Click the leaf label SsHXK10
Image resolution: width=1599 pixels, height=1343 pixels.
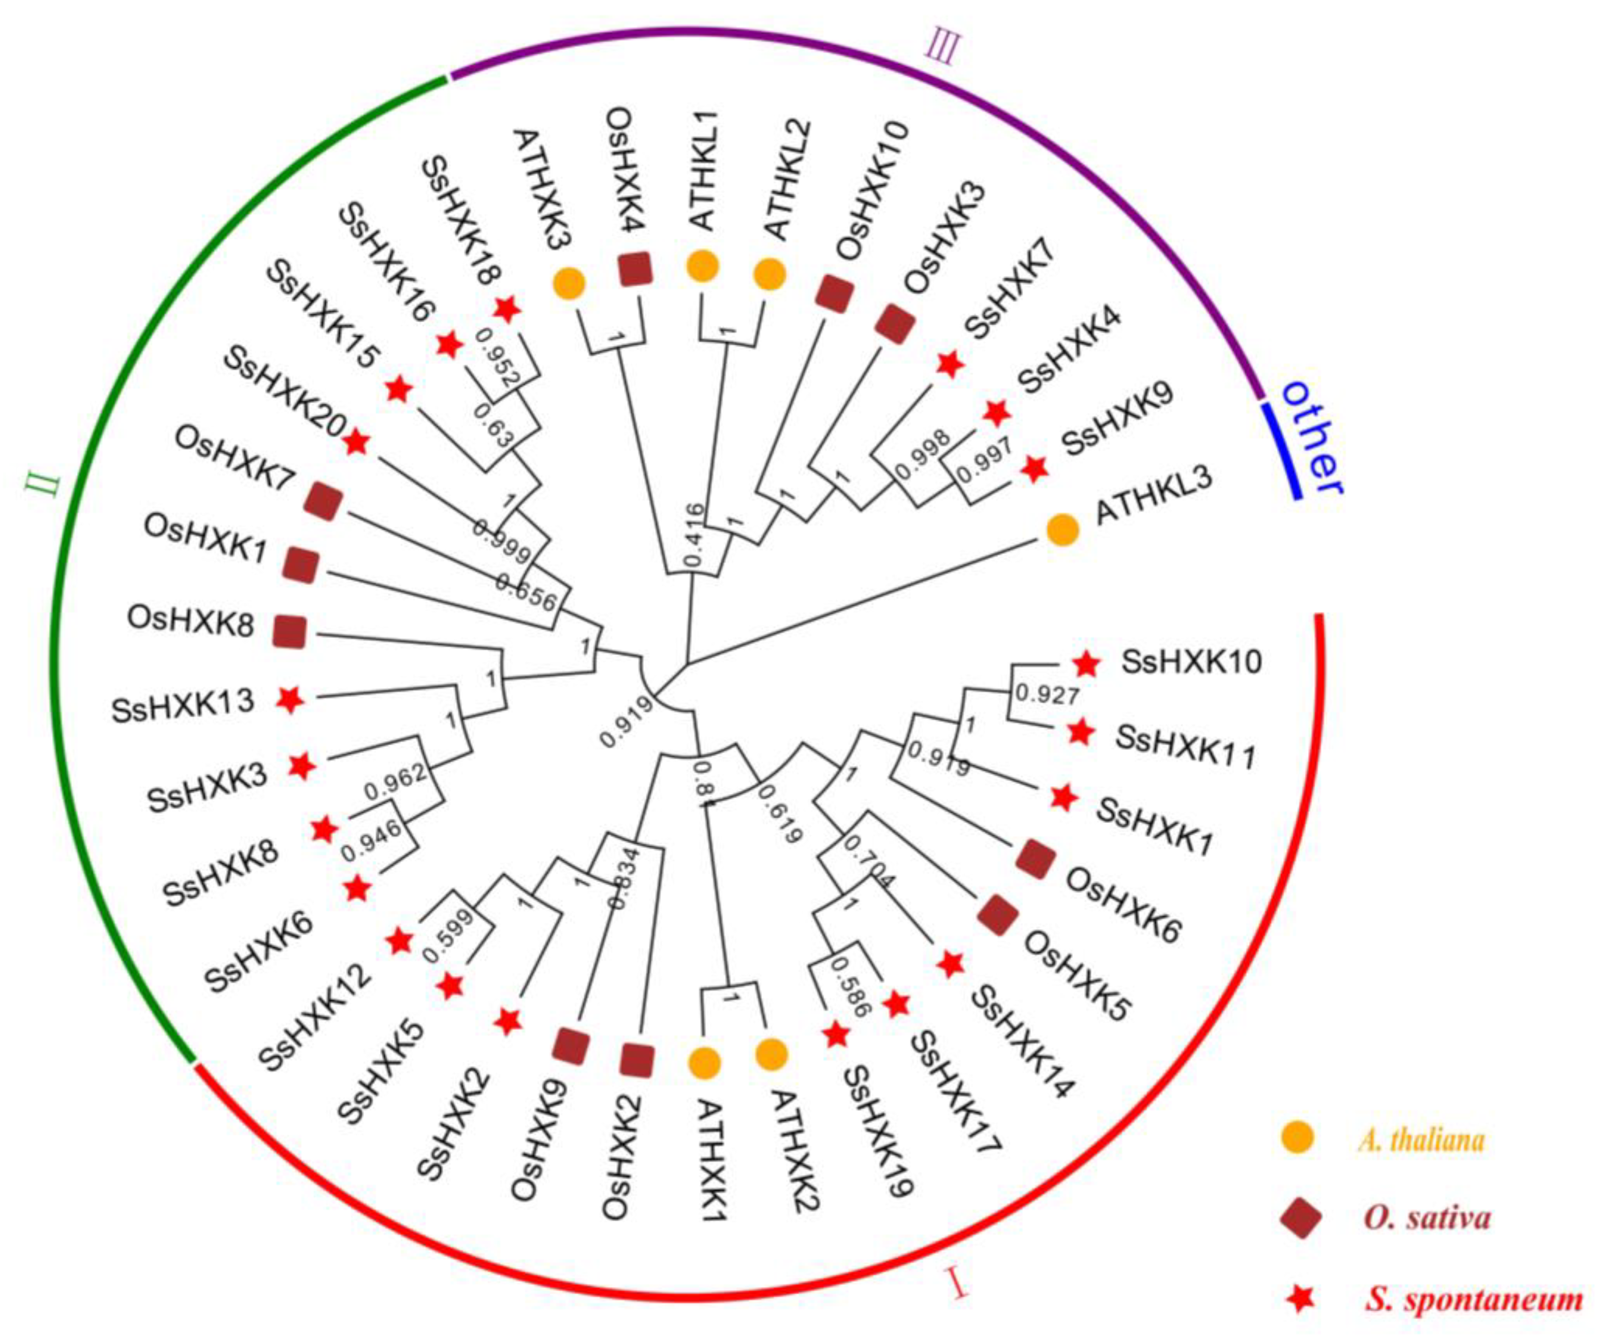(x=1191, y=661)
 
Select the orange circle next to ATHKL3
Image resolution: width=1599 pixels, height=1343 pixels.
(x=1063, y=530)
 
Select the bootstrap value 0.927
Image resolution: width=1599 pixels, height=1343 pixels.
(x=1048, y=694)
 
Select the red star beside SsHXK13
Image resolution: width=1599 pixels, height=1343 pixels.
(x=289, y=699)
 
